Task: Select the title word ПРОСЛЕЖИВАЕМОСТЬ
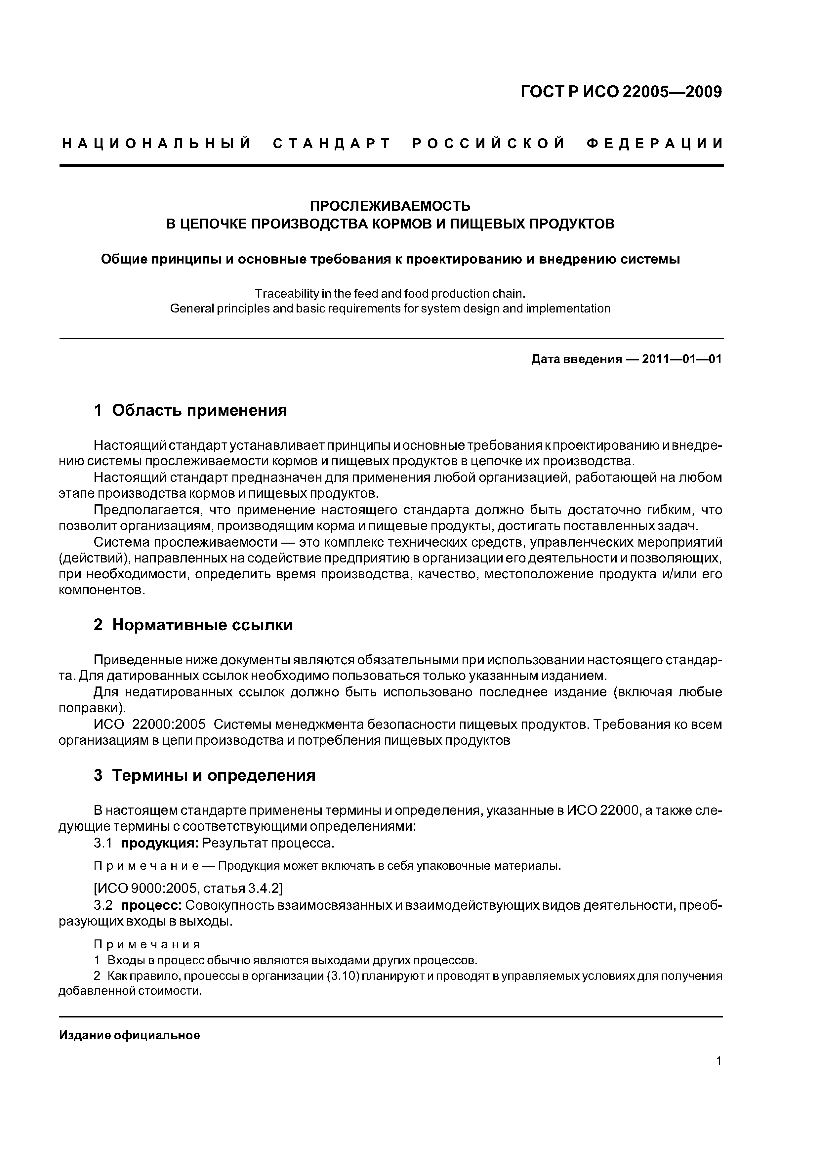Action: coord(390,206)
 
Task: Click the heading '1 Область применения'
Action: coord(190,410)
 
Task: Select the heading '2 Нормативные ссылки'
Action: coord(193,625)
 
